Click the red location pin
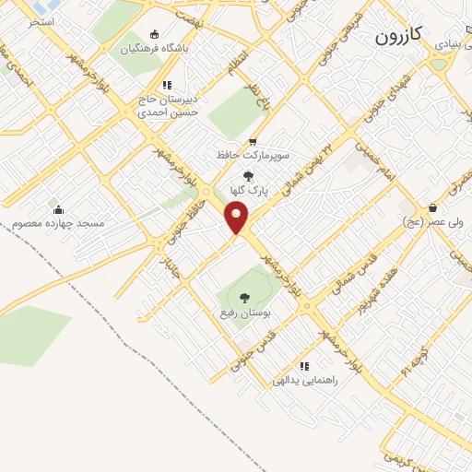point(237,218)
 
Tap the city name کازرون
point(399,36)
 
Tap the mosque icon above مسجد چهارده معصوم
point(58,209)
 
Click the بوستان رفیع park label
point(244,313)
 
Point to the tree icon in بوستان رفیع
point(244,298)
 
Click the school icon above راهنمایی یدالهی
point(305,366)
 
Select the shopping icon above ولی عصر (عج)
point(431,208)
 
